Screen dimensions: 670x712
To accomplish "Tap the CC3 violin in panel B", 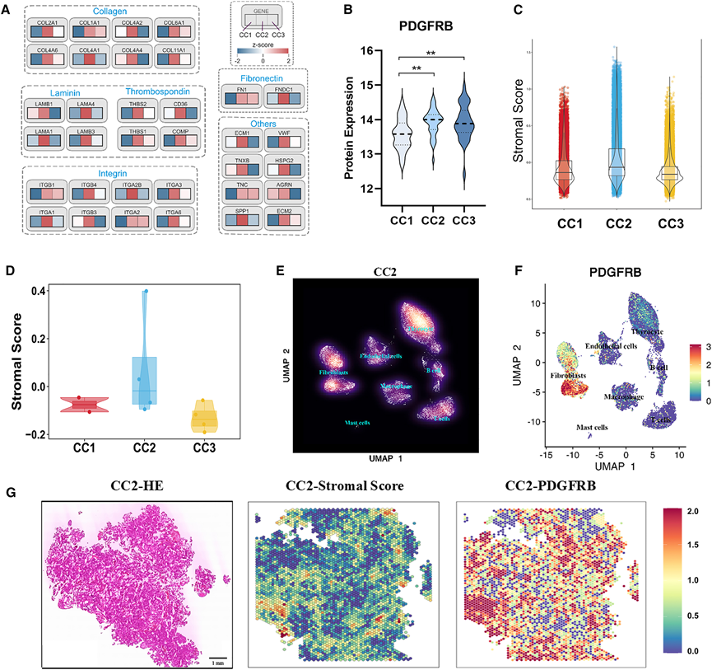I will [466, 124].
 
